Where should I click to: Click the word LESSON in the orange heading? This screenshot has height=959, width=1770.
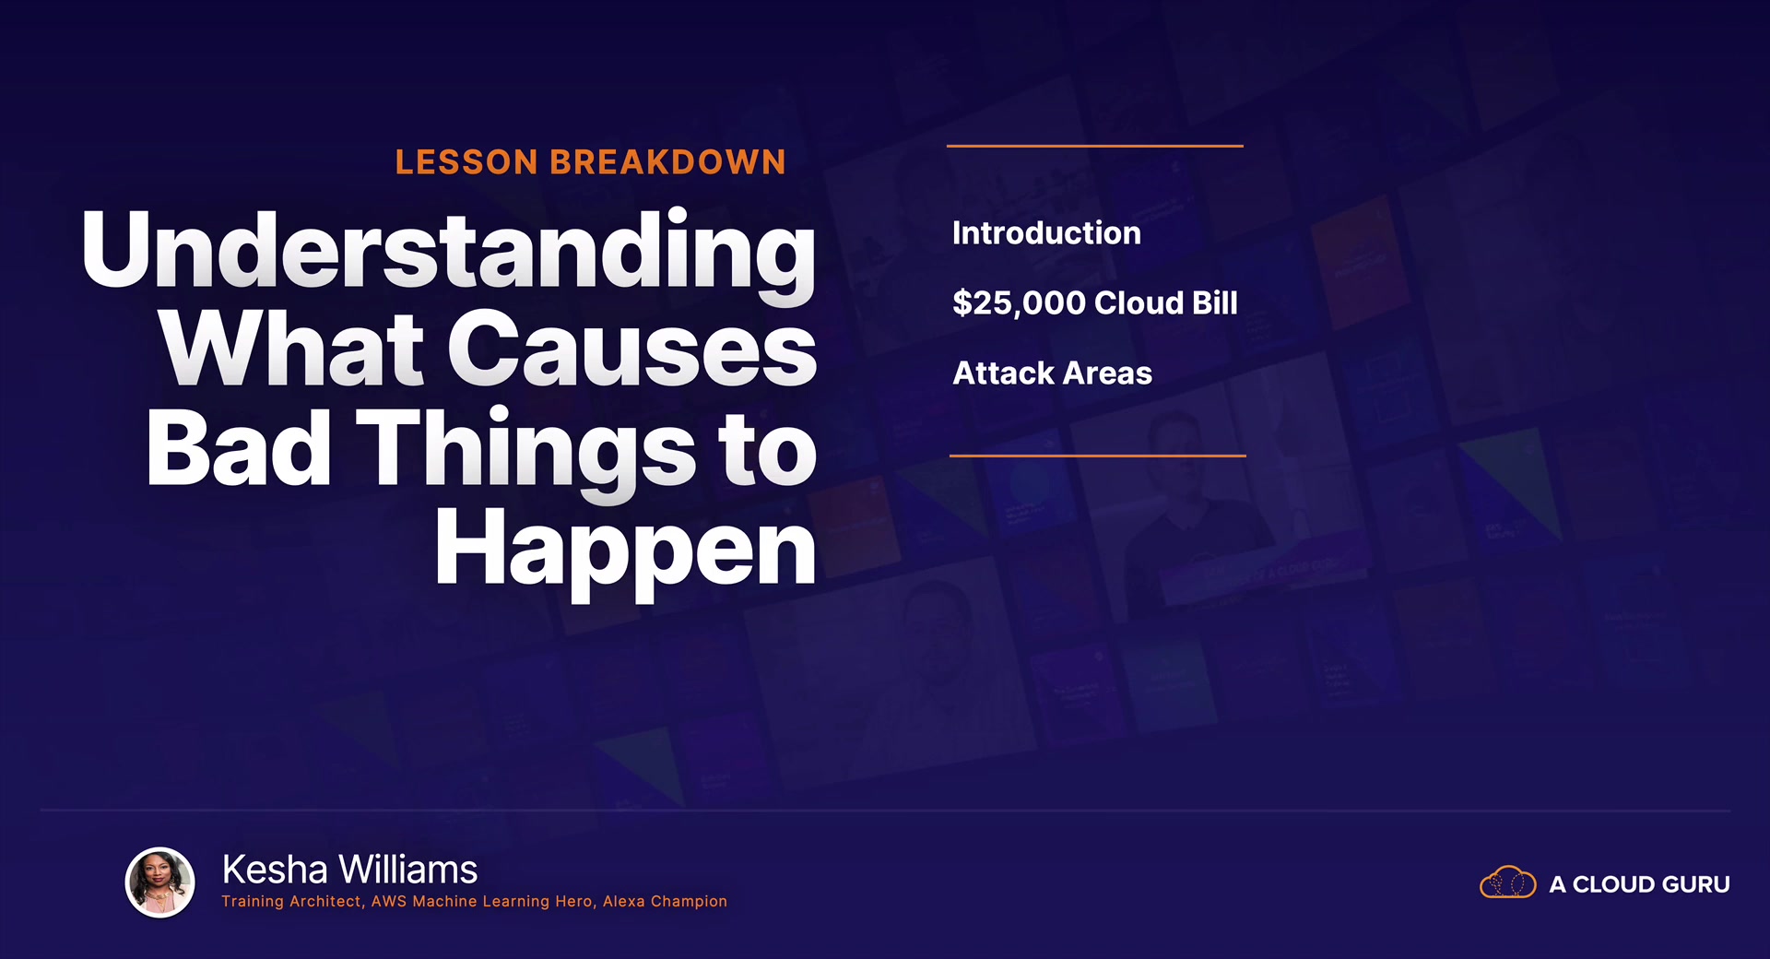[466, 162]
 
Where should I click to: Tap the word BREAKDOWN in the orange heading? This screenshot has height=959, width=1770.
[668, 162]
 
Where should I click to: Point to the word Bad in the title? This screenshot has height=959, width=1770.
[238, 448]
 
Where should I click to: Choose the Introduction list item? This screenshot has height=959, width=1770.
[1046, 233]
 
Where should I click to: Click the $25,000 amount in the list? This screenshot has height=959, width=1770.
[1019, 303]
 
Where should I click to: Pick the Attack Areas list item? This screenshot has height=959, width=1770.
[1052, 373]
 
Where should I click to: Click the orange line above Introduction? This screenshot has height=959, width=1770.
[1095, 146]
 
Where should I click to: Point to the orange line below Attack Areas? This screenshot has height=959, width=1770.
[1098, 456]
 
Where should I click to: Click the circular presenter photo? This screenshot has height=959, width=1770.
[160, 882]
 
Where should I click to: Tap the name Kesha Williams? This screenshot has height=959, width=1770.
[349, 870]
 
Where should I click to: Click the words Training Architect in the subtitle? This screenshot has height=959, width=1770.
[291, 901]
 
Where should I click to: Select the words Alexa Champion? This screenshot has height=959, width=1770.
[665, 901]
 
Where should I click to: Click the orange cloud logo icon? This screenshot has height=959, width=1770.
[1508, 882]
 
